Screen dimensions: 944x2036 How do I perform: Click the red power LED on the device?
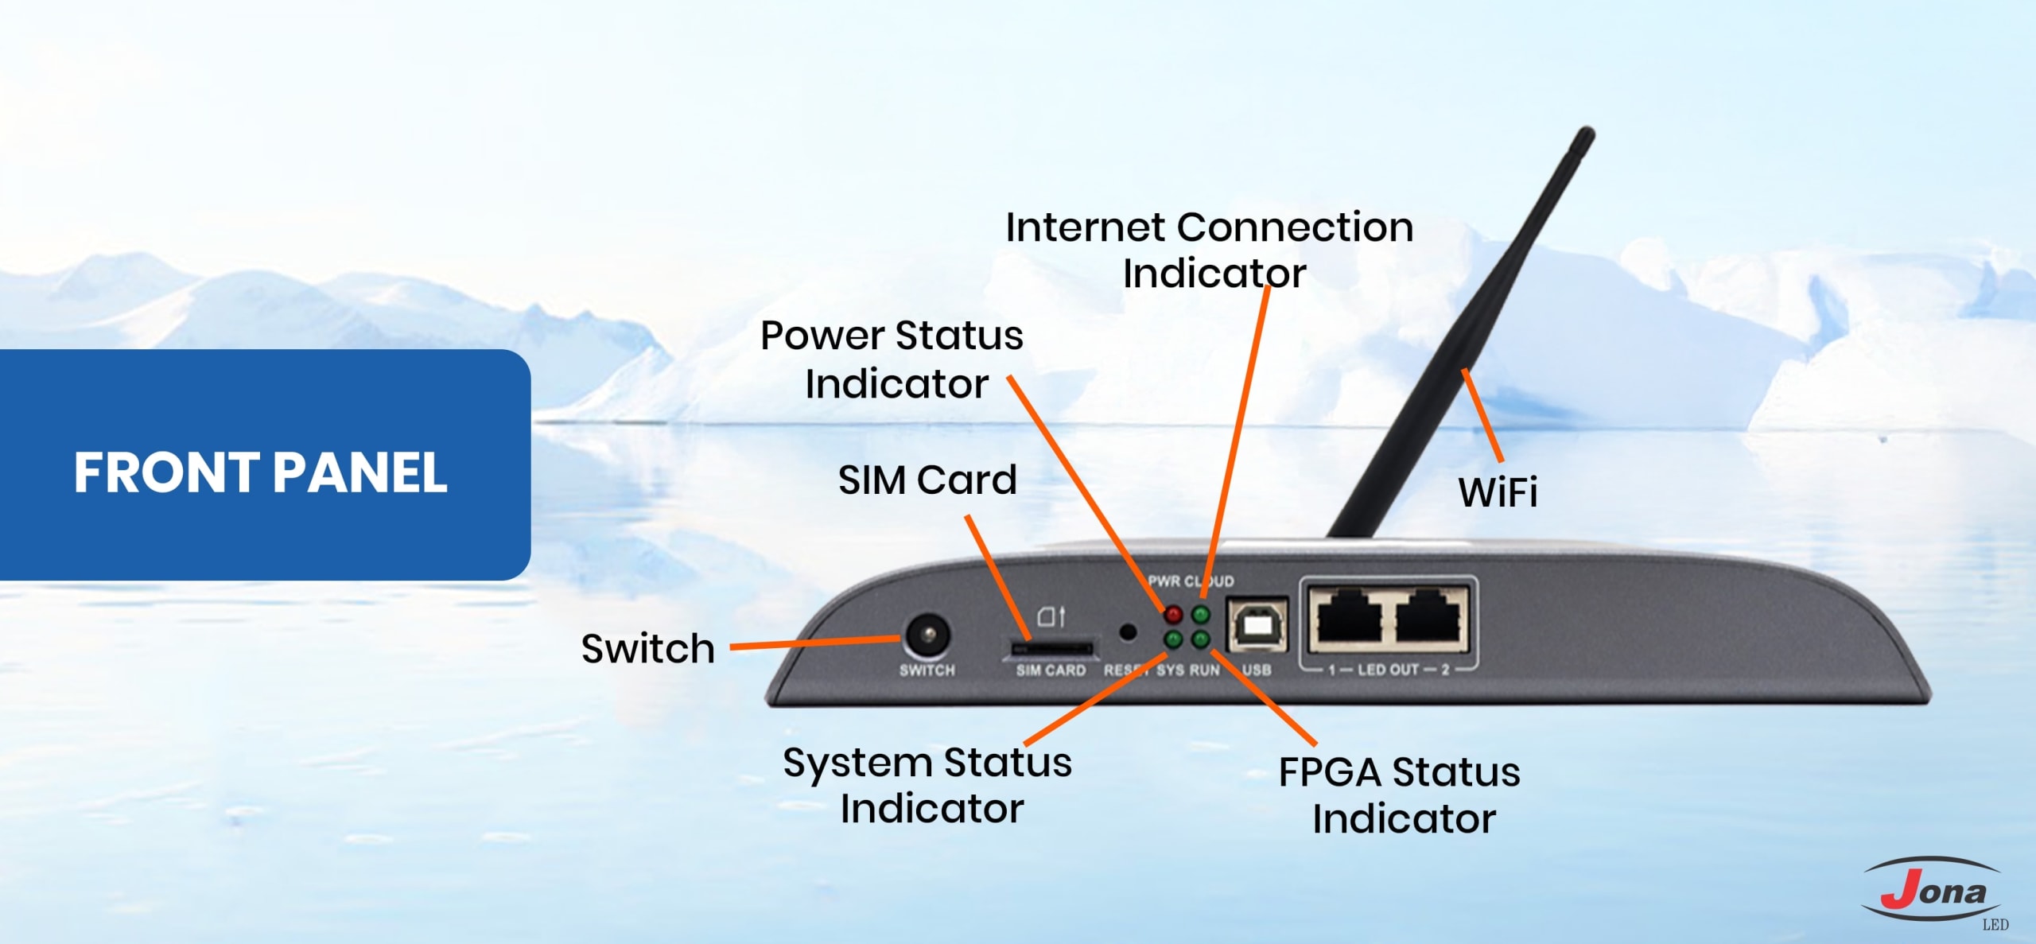(1173, 614)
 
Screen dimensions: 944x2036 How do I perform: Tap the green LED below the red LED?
(1173, 639)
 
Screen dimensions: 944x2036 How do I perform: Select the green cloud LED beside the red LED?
(1201, 614)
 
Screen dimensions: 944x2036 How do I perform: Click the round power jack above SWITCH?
(927, 636)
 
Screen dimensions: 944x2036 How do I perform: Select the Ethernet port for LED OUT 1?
(1350, 617)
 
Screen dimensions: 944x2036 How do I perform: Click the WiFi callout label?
(1498, 491)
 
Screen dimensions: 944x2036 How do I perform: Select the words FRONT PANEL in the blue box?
(261, 472)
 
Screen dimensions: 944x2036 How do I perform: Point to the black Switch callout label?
(647, 648)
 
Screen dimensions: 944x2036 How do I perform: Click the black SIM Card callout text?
(927, 480)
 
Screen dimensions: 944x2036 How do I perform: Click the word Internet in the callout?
(1085, 227)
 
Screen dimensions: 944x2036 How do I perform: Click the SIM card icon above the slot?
(1051, 616)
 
